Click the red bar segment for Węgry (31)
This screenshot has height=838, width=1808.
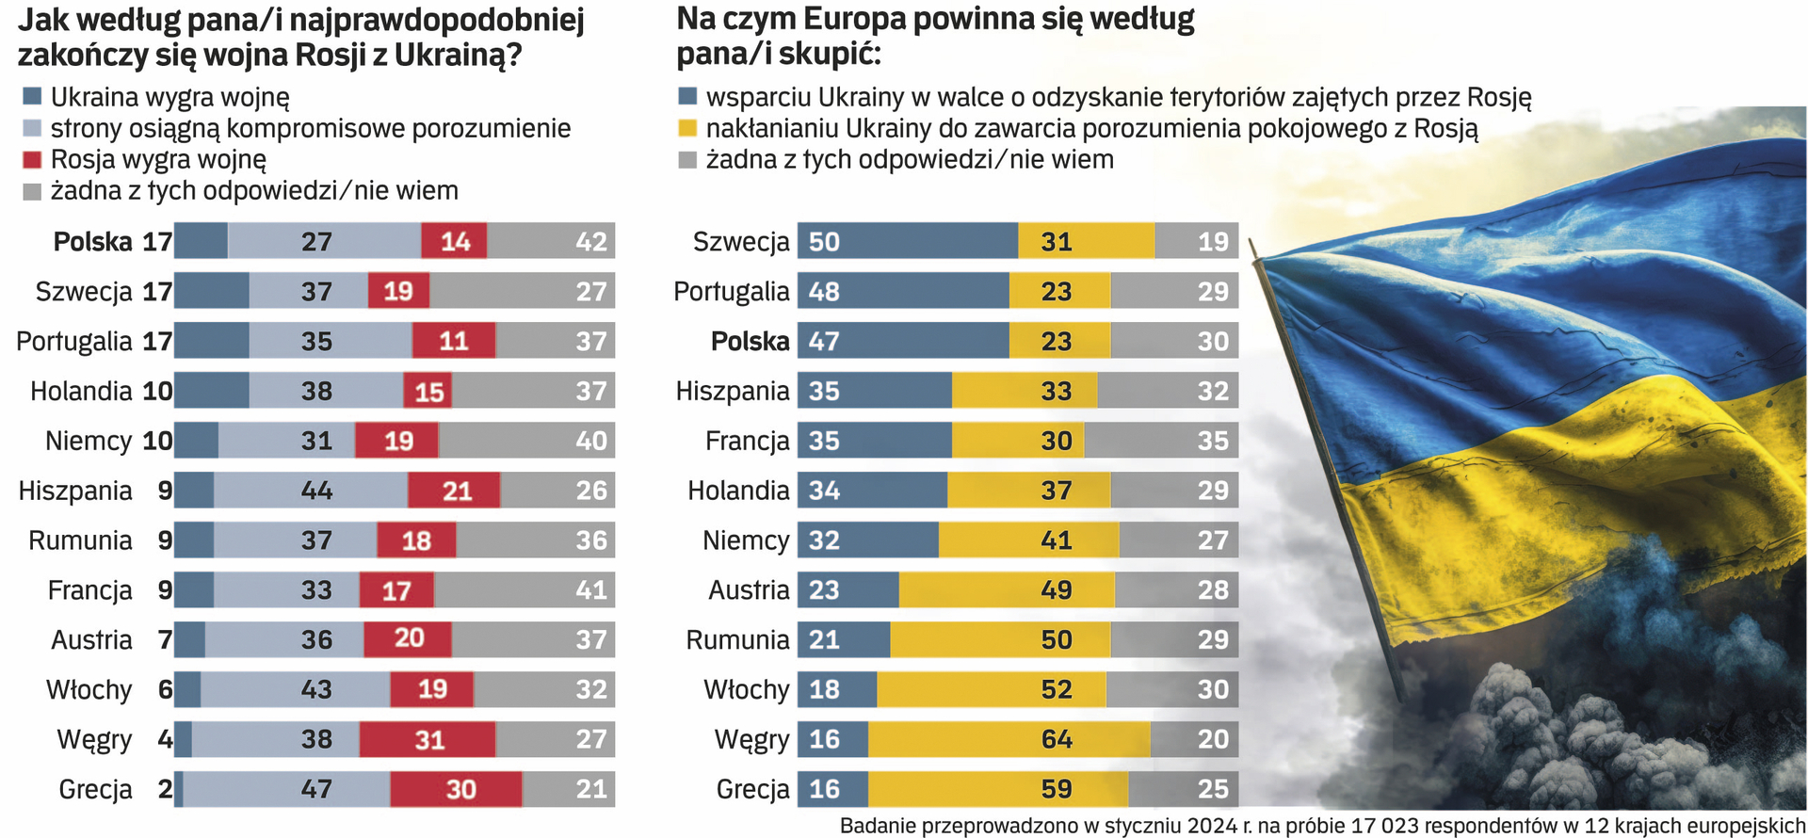click(428, 739)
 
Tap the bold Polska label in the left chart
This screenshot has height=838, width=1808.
click(92, 242)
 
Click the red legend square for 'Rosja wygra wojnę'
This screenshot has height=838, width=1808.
click(32, 159)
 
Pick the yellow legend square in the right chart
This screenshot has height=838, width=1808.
click(687, 128)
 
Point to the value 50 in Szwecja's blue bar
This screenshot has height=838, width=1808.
click(824, 242)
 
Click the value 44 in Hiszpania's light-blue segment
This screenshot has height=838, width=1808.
click(316, 491)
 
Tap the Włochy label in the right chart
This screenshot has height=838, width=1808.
click(746, 689)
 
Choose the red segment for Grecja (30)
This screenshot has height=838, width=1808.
click(457, 789)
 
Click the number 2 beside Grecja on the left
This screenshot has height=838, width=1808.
click(165, 789)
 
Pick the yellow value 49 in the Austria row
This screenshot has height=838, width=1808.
click(1057, 590)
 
